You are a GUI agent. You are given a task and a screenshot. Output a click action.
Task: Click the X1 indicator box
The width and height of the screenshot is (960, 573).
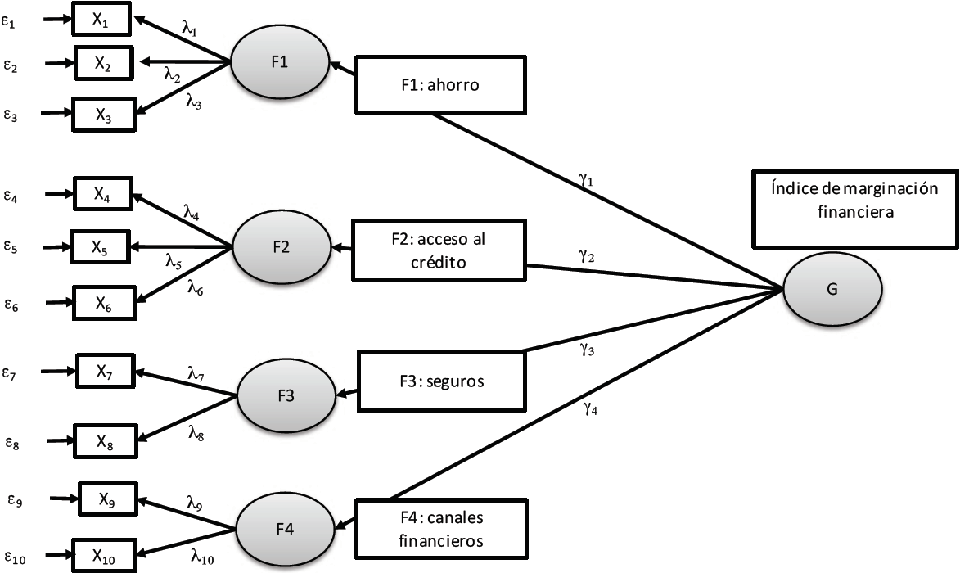tap(101, 20)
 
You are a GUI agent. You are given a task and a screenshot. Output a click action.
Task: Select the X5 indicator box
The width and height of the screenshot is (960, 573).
tap(101, 246)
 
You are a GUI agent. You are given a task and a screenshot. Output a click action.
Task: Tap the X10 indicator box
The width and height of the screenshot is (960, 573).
tap(102, 556)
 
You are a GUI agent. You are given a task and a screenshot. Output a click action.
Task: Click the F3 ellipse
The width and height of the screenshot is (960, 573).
tap(286, 396)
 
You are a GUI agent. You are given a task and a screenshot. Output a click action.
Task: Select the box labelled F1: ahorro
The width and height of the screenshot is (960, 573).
tap(439, 84)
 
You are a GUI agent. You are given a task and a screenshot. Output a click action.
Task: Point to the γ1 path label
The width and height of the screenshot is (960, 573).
tap(585, 180)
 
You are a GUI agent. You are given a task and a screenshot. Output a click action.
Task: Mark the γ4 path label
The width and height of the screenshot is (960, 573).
tap(589, 409)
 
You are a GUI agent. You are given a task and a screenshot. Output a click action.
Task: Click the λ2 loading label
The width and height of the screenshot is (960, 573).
tap(172, 75)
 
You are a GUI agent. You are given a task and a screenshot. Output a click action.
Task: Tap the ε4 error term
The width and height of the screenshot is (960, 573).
tap(11, 196)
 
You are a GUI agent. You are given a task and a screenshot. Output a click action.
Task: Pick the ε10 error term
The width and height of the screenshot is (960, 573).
tap(14, 559)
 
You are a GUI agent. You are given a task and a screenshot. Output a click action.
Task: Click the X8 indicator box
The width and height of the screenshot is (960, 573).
tap(105, 442)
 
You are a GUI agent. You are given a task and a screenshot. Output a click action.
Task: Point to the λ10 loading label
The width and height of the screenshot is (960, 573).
tap(201, 557)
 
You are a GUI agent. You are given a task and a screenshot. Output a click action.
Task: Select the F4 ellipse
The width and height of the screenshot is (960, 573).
tap(286, 529)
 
